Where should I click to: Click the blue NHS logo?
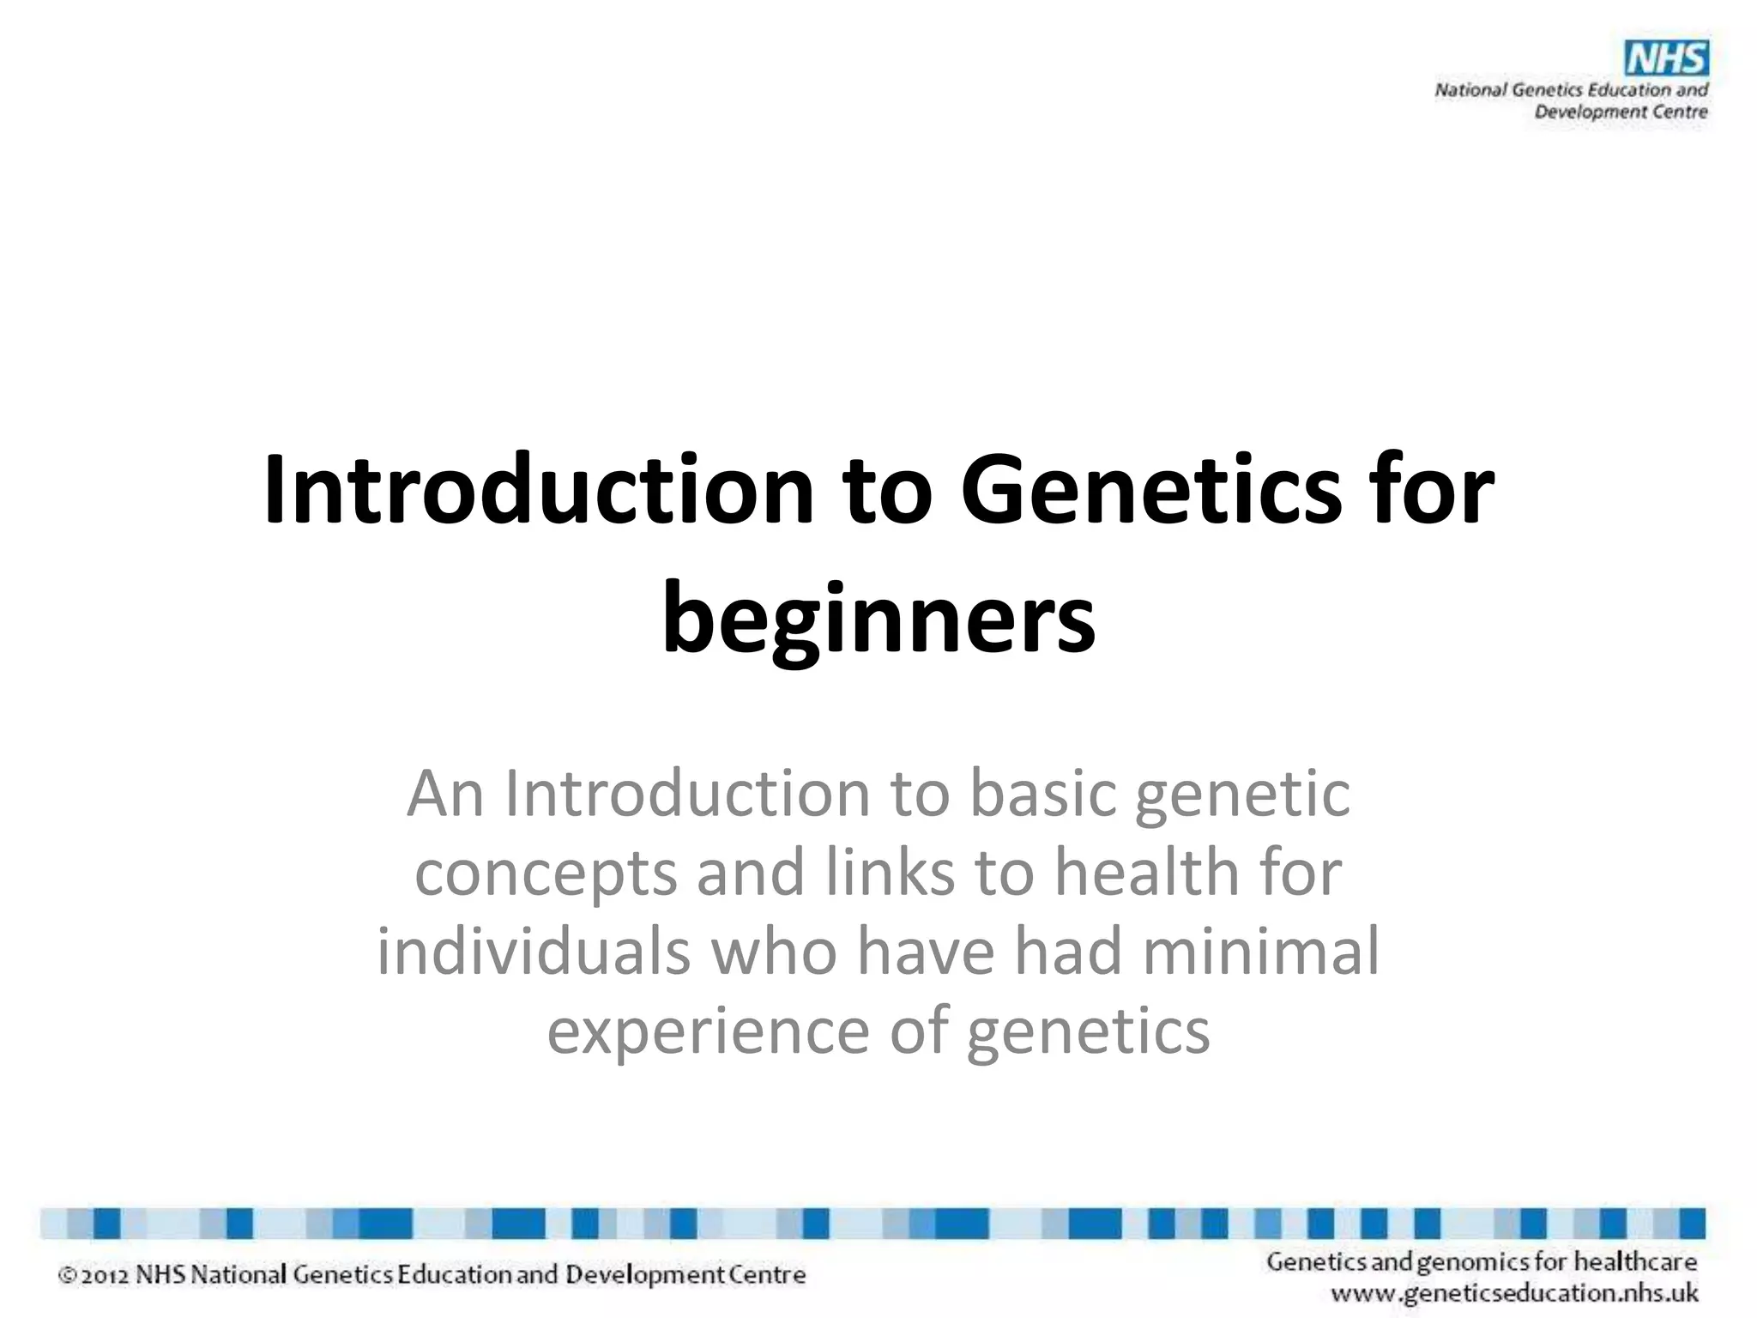[x=1666, y=59]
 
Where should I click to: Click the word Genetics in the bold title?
[x=1150, y=492]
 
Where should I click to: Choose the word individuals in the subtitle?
[x=533, y=952]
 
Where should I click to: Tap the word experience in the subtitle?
[x=708, y=1031]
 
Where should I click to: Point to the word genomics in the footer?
[x=1472, y=1262]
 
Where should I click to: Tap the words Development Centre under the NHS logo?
[x=1621, y=112]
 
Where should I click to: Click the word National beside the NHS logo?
[x=1470, y=90]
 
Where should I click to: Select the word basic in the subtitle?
[x=1042, y=794]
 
